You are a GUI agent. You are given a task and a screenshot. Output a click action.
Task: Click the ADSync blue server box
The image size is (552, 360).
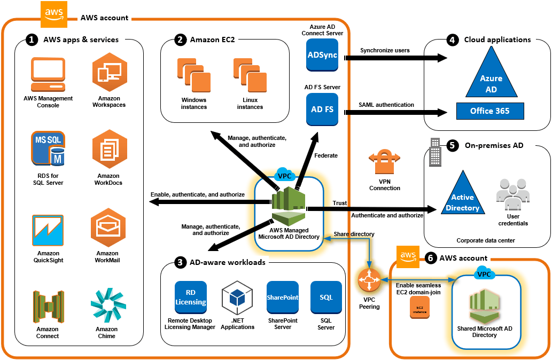(x=323, y=56)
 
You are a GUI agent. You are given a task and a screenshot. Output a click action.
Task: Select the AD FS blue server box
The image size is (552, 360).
(x=323, y=109)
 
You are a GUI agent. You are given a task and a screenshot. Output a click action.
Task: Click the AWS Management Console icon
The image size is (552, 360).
(x=48, y=74)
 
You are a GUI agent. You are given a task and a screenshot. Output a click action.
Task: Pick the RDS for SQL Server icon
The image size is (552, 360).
(x=48, y=150)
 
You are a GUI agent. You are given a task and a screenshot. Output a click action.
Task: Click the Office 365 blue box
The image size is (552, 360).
(x=489, y=111)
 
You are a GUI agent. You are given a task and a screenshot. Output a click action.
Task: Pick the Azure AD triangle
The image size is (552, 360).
(x=491, y=75)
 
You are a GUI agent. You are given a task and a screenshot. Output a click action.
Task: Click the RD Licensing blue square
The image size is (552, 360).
(x=191, y=298)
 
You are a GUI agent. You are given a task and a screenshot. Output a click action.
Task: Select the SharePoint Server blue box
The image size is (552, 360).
(x=283, y=298)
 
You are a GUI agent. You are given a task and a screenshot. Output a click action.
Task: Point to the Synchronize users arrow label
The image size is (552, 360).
(x=385, y=50)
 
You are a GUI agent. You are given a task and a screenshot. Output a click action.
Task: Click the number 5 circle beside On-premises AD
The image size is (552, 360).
(x=452, y=145)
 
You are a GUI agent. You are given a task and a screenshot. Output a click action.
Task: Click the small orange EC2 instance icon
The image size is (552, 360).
(x=419, y=308)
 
